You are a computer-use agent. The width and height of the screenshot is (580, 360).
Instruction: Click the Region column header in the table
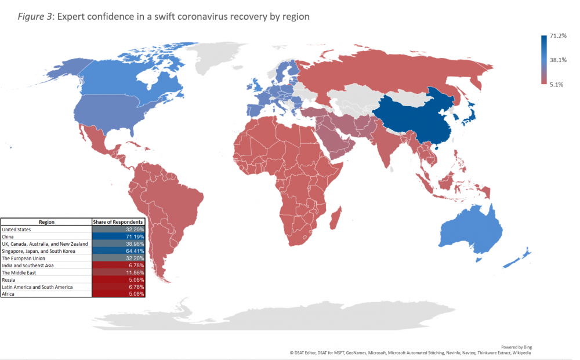click(46, 222)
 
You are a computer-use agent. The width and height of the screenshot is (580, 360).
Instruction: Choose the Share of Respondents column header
click(118, 222)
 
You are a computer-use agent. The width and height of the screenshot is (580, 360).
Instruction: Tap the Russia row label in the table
click(9, 279)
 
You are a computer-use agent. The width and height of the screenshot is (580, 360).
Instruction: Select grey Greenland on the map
click(220, 58)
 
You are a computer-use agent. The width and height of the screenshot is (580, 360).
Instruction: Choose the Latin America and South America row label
click(38, 287)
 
